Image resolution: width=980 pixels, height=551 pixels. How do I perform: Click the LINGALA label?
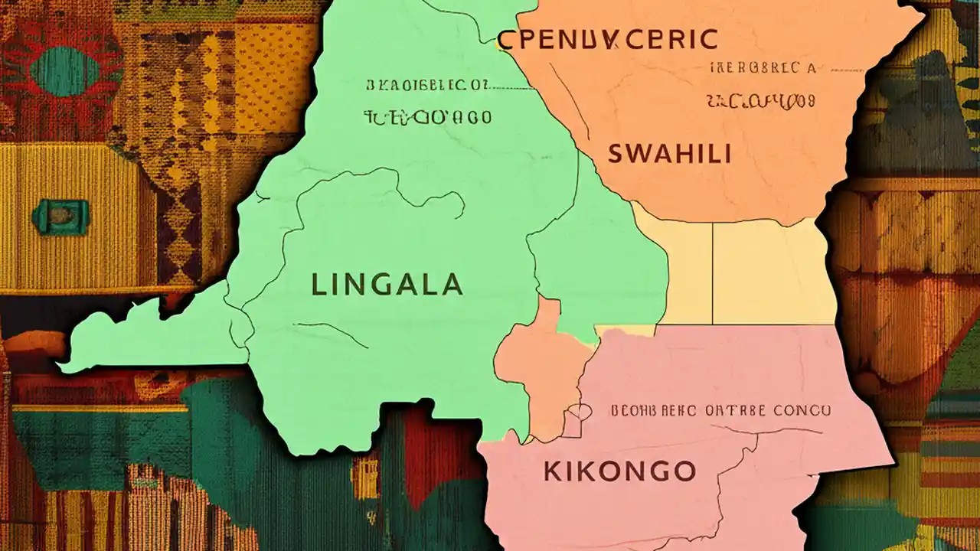click(x=387, y=285)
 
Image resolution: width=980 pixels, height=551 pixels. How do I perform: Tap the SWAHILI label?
click(x=669, y=154)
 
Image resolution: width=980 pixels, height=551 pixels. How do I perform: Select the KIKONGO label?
click(x=619, y=471)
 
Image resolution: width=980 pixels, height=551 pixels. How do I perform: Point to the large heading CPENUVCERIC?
click(x=607, y=39)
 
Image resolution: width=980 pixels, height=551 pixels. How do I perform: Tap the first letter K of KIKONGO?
click(x=551, y=471)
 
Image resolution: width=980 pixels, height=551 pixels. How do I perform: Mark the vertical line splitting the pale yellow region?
click(x=713, y=272)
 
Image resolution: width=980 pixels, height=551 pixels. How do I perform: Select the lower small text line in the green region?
click(x=427, y=117)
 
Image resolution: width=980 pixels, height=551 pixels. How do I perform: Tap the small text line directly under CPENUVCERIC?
click(x=762, y=68)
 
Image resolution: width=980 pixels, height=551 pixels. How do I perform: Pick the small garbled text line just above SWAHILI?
click(x=760, y=100)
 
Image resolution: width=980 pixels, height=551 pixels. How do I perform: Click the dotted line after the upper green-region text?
click(x=513, y=86)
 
